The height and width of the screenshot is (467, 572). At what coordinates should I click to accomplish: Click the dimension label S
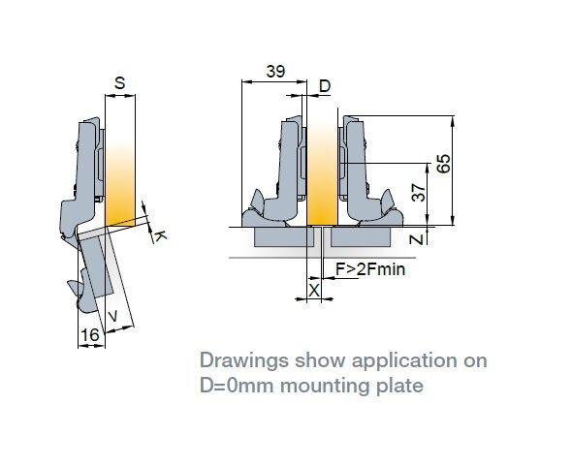(119, 83)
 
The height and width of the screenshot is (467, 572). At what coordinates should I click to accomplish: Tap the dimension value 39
(275, 72)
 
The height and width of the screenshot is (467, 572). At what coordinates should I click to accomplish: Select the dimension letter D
(325, 86)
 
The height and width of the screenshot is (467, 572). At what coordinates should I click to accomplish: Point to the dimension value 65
(444, 164)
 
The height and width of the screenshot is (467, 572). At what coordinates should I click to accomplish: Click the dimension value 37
(419, 193)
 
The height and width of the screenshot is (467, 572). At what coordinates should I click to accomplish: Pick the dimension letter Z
(416, 239)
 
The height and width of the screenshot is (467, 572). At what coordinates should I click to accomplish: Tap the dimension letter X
(314, 291)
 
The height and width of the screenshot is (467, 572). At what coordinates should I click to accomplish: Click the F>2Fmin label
(370, 269)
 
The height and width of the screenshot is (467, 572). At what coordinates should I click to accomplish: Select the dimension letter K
(160, 236)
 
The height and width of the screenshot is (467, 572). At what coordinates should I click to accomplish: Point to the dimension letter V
(113, 316)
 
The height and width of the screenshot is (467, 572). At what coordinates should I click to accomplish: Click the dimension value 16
(90, 334)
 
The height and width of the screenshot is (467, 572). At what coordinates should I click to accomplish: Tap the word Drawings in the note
(243, 361)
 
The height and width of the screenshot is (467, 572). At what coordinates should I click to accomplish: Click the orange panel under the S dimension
(120, 182)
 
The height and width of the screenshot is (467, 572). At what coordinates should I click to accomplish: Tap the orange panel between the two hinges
(322, 173)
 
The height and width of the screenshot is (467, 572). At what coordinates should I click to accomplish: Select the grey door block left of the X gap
(284, 236)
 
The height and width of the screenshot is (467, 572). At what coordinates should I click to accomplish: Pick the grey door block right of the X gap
(361, 236)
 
